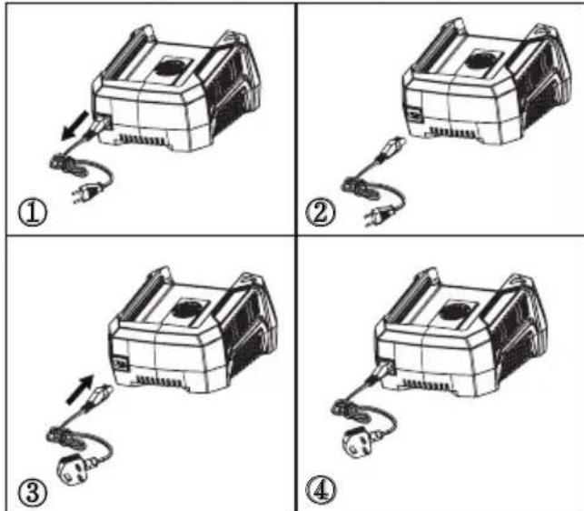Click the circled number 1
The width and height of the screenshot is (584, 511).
point(33,214)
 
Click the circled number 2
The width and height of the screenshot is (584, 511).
point(321,214)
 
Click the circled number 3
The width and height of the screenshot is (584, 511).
point(33,493)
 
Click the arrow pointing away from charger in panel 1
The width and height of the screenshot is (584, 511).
point(75,125)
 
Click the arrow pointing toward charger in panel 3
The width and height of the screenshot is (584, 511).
point(79,389)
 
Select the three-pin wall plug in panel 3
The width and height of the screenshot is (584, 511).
point(73,470)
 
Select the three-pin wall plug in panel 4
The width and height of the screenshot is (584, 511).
point(358,443)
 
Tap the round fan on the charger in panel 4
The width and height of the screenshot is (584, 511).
point(452,312)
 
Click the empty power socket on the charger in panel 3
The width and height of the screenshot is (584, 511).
point(121,364)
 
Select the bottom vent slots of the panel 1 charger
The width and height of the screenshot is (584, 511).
point(143,140)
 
